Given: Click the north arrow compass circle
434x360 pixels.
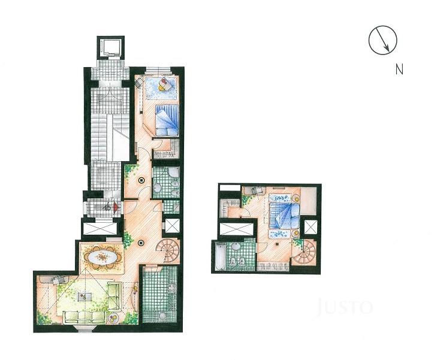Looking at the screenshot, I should coord(382,41).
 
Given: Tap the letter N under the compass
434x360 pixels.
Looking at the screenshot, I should coord(399,69).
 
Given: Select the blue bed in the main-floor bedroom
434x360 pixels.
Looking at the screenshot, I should coord(167,120).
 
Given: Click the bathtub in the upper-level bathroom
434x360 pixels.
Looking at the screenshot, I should coord(219,257).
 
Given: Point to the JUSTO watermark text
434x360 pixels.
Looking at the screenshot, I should coord(345,308).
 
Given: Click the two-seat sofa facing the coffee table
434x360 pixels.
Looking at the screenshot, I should coord(114,294).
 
